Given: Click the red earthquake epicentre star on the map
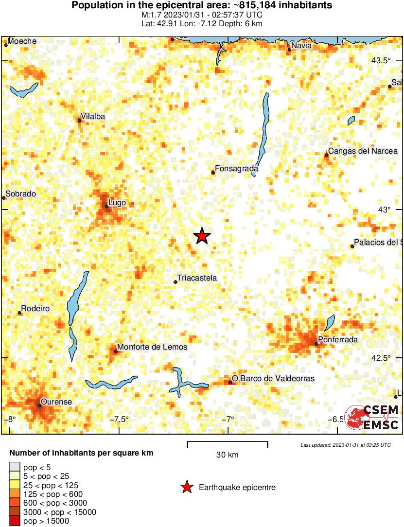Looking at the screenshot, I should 202,236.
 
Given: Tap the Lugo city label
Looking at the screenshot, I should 118,202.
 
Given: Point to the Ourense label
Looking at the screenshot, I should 56,402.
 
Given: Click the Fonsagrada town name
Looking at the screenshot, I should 236,169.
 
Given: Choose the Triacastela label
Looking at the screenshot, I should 197,278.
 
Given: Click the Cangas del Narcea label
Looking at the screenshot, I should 363,151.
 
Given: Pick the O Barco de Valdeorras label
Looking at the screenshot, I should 273,378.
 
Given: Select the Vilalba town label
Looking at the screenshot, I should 92,117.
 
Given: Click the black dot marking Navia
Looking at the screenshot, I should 289,50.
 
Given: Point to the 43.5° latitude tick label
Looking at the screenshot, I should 381,61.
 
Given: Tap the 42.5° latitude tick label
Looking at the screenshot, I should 381,358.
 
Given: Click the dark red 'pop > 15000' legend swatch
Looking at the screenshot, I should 15,521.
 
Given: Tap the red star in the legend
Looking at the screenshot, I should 187,487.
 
